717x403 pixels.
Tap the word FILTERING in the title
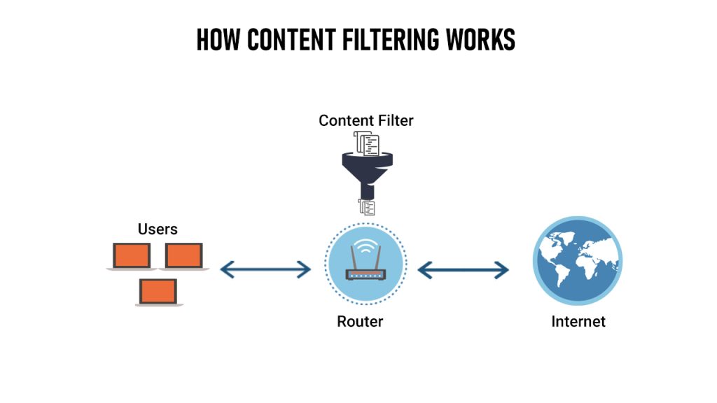coord(388,41)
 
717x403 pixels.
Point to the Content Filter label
coord(366,120)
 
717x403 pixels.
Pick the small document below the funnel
coord(366,206)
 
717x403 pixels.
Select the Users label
coord(158,229)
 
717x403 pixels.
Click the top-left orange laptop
coord(132,256)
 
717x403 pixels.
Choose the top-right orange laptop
coord(184,256)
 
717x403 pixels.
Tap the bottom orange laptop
coord(158,291)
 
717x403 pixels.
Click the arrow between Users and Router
coord(265,269)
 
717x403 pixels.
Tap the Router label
coord(360,322)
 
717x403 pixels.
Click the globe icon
coord(577,260)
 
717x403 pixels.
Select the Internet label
coord(578,322)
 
